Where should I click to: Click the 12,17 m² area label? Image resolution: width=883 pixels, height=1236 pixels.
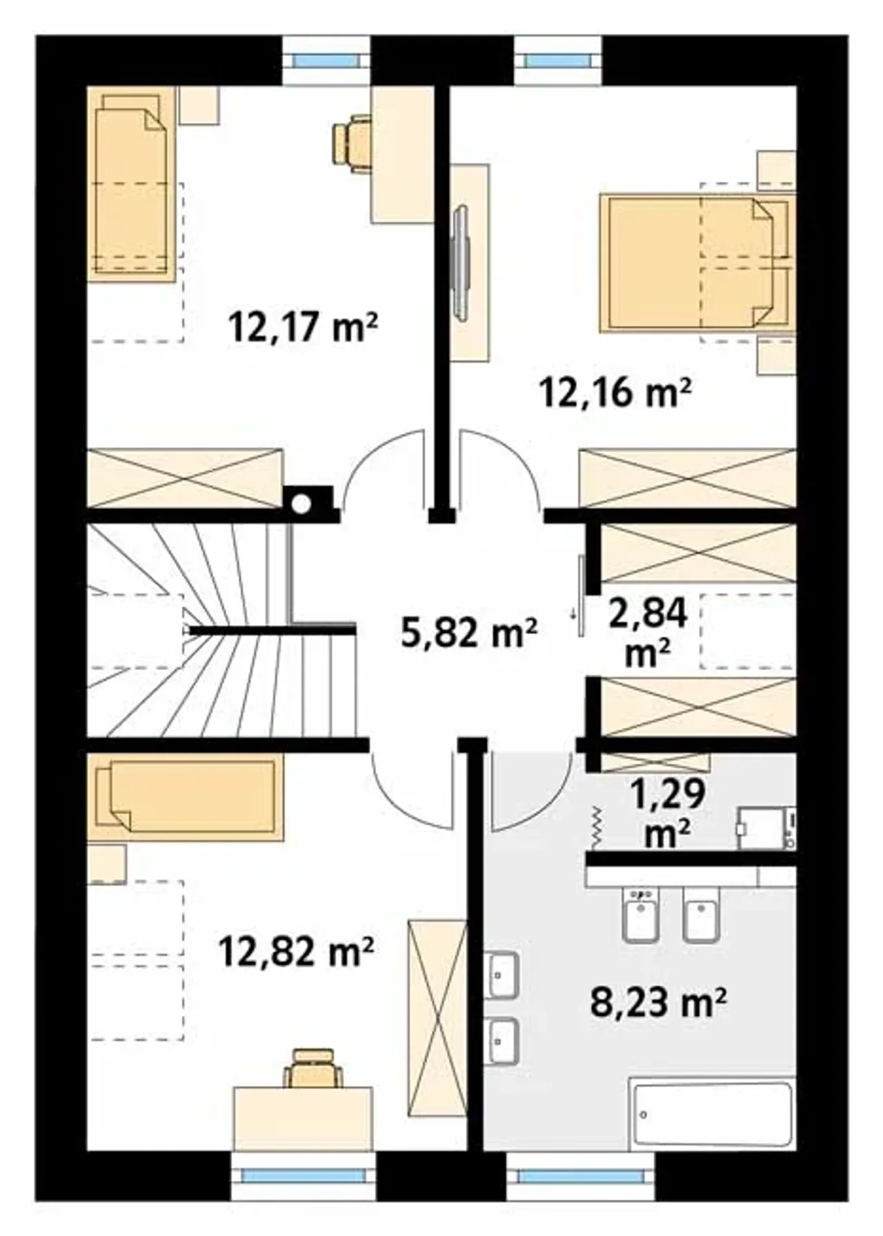[303, 327]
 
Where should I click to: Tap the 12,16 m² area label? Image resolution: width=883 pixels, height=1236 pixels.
[615, 393]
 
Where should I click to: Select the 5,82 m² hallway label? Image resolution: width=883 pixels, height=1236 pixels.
[469, 632]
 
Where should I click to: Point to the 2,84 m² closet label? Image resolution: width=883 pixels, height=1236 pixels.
[648, 632]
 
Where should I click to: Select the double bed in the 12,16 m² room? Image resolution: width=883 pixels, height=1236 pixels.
[697, 263]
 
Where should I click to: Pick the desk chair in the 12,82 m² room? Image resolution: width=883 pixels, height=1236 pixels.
[313, 1068]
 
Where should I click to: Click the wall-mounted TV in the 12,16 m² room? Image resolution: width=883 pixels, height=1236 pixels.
[460, 262]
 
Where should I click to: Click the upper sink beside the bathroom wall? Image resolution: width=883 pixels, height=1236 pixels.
[502, 975]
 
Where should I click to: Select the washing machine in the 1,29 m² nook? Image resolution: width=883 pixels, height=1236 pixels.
[766, 828]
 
